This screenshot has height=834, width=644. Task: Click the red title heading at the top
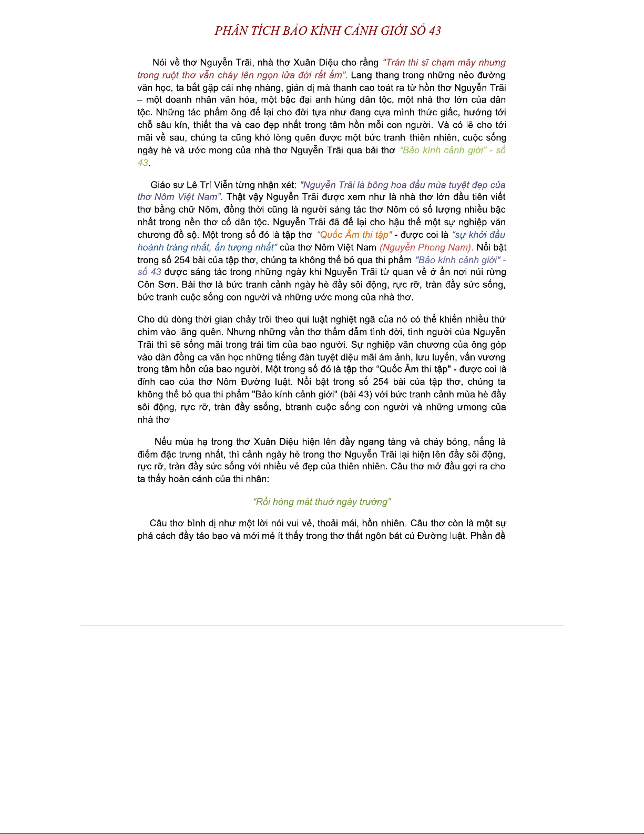click(x=328, y=31)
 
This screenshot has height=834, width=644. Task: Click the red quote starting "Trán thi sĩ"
click(x=444, y=63)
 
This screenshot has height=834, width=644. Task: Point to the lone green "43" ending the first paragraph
click(x=142, y=163)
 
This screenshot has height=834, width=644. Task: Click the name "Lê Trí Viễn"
click(x=214, y=185)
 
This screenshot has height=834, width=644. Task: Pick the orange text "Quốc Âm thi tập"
click(x=354, y=235)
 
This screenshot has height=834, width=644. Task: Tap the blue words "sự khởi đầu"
click(x=478, y=235)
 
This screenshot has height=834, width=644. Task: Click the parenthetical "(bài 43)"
click(x=357, y=395)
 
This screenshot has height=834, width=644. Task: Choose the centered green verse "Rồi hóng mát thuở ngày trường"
click(x=322, y=502)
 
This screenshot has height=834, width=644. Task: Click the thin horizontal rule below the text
click(x=322, y=626)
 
